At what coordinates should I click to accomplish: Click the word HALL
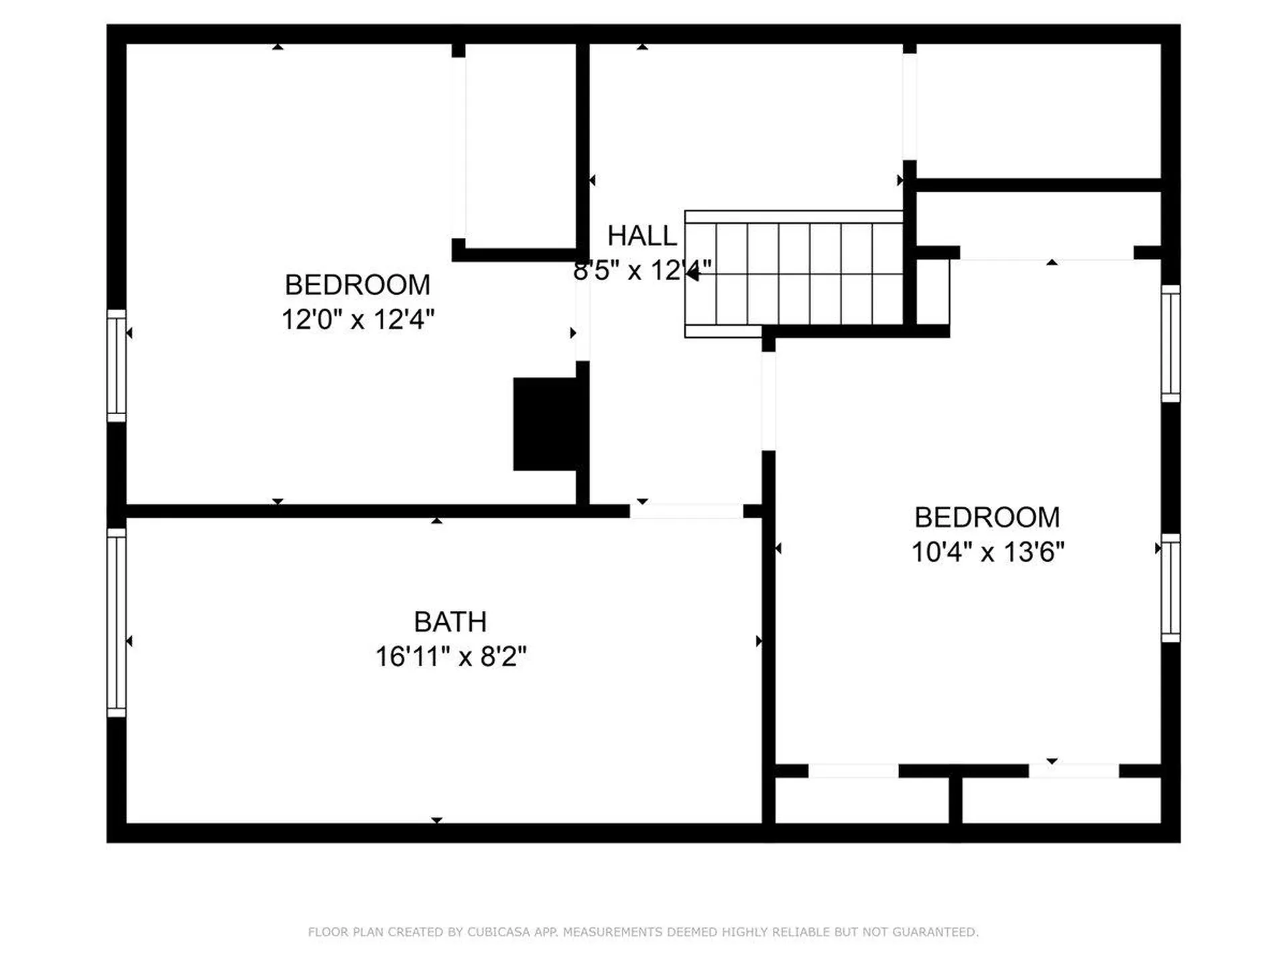[641, 236]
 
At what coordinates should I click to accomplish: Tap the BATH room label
[450, 622]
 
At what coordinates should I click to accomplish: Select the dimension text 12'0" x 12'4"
[357, 320]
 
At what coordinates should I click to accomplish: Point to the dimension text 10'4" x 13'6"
[987, 552]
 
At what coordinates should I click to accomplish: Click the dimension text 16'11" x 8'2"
[450, 657]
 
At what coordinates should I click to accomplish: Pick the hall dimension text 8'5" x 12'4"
[641, 271]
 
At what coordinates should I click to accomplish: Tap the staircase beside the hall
[794, 274]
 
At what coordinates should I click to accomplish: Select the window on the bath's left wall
[117, 623]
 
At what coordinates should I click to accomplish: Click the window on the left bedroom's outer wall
[117, 366]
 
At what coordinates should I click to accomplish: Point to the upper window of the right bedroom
[1170, 344]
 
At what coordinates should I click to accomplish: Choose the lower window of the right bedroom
[1170, 588]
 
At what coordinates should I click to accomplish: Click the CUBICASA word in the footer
[498, 932]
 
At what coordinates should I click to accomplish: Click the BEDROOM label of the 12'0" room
[357, 285]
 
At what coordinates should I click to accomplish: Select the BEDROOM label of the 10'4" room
[987, 517]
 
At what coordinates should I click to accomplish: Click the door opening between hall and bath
[686, 511]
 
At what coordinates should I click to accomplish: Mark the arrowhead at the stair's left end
[691, 273]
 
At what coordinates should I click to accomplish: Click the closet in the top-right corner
[1038, 111]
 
